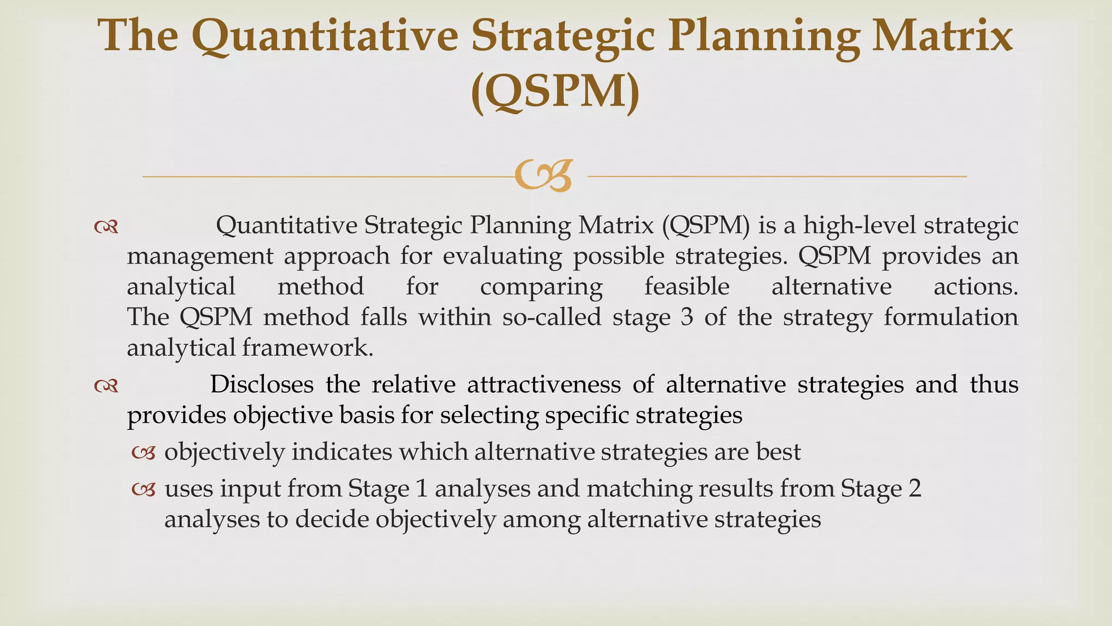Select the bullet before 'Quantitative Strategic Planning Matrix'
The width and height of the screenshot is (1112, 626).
point(106,227)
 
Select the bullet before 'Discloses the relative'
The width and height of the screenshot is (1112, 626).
point(106,386)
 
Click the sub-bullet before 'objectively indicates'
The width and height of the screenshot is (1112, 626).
point(144,453)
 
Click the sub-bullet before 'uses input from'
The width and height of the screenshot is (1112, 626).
point(144,490)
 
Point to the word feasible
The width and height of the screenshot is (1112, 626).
point(687,286)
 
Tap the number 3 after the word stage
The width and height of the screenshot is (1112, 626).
point(687,317)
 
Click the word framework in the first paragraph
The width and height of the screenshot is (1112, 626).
point(307,348)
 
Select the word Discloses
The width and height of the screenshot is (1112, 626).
point(262,385)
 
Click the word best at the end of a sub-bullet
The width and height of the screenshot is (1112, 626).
point(779,452)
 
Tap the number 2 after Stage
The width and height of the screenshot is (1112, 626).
point(914,489)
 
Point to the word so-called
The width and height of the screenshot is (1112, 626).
point(552,317)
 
